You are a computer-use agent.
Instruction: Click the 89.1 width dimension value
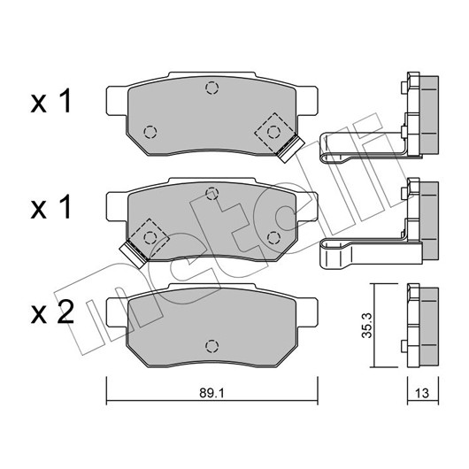211,394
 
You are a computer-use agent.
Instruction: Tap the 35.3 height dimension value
366,325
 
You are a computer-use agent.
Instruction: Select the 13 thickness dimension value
422,394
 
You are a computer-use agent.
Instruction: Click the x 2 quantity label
52,312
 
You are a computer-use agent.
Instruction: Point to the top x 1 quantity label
50,101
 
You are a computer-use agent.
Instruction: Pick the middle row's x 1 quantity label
50,207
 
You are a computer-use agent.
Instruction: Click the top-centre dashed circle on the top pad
212,88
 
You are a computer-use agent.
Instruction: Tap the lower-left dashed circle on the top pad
150,132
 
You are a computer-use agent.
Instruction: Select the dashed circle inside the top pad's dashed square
273,132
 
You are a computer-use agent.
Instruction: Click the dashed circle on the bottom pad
212,346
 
